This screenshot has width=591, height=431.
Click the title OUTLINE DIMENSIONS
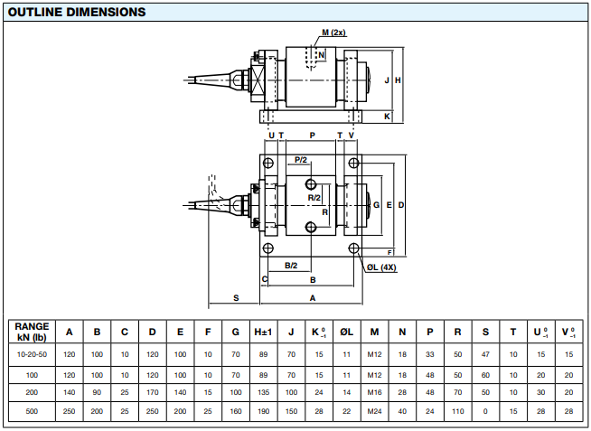[77, 13]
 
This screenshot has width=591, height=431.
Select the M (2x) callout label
[333, 33]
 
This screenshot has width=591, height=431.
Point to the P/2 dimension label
[302, 160]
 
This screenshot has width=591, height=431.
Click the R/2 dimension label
[314, 197]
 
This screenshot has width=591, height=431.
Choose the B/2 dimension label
[291, 265]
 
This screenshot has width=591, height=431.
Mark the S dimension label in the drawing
[236, 296]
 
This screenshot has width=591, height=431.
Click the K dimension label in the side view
[388, 117]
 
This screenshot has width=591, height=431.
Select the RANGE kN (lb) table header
[32, 332]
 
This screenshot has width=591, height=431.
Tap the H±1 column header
[263, 332]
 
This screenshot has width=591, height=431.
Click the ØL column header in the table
[346, 332]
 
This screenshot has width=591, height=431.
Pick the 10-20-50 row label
[32, 353]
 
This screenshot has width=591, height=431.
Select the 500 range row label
[32, 411]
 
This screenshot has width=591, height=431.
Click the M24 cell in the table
[374, 411]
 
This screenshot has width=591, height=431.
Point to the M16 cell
[374, 392]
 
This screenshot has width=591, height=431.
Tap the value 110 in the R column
[457, 411]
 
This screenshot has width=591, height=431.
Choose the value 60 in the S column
[485, 373]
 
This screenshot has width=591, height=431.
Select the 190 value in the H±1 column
[263, 411]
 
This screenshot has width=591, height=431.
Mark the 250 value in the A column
[70, 411]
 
